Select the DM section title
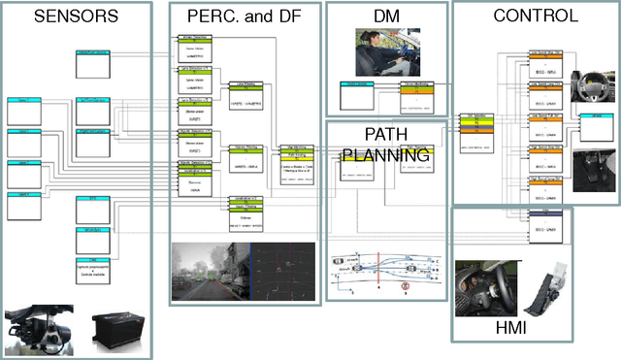pyautogui.click(x=385, y=16)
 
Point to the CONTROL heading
pyautogui.click(x=536, y=16)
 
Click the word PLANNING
pyautogui.click(x=385, y=154)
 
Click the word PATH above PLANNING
pyautogui.click(x=386, y=134)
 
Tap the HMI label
pyautogui.click(x=509, y=328)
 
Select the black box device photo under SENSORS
pyautogui.click(x=114, y=329)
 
